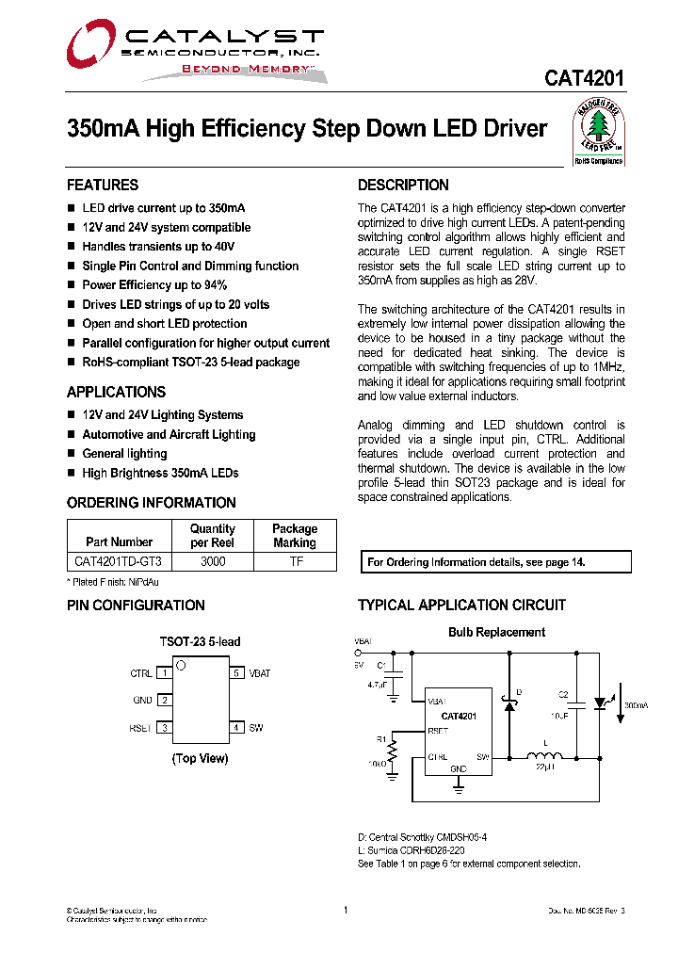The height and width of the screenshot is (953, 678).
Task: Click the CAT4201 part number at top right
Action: tap(584, 78)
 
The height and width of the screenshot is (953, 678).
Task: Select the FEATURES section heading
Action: tap(103, 185)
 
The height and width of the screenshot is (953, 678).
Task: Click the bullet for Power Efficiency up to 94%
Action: tap(72, 285)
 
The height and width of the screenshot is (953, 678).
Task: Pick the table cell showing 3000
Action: tap(213, 561)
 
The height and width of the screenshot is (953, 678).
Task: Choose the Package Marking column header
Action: tap(295, 536)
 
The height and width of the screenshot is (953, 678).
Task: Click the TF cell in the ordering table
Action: tap(295, 561)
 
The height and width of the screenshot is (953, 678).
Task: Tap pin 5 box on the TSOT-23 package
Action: tap(237, 673)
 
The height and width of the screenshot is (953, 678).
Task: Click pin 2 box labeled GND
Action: tap(164, 700)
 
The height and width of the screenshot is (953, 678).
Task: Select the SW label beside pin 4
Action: tap(256, 728)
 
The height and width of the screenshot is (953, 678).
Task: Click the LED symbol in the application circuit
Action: tap(600, 703)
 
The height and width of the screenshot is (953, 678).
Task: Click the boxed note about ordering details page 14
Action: tap(496, 562)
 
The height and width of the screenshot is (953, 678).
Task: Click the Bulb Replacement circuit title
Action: tap(496, 632)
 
